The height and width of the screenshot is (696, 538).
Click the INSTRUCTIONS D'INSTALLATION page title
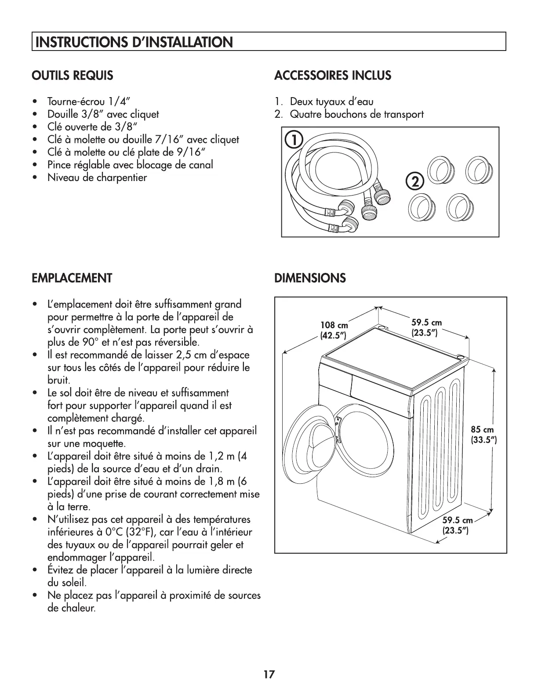pos(134,42)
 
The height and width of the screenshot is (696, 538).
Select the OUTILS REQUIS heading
pos(73,76)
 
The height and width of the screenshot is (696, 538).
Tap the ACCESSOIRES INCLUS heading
pos(332,76)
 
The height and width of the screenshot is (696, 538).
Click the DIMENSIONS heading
pos(310,278)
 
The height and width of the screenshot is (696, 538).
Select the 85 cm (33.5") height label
pos(483,435)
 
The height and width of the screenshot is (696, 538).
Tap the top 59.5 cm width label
pos(426,328)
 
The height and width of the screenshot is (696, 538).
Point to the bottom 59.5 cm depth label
pos(458,526)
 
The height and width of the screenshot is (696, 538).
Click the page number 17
pos(269,674)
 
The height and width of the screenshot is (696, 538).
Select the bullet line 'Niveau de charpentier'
pos(97,178)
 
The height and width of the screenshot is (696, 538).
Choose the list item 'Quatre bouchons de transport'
pos(356,115)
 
